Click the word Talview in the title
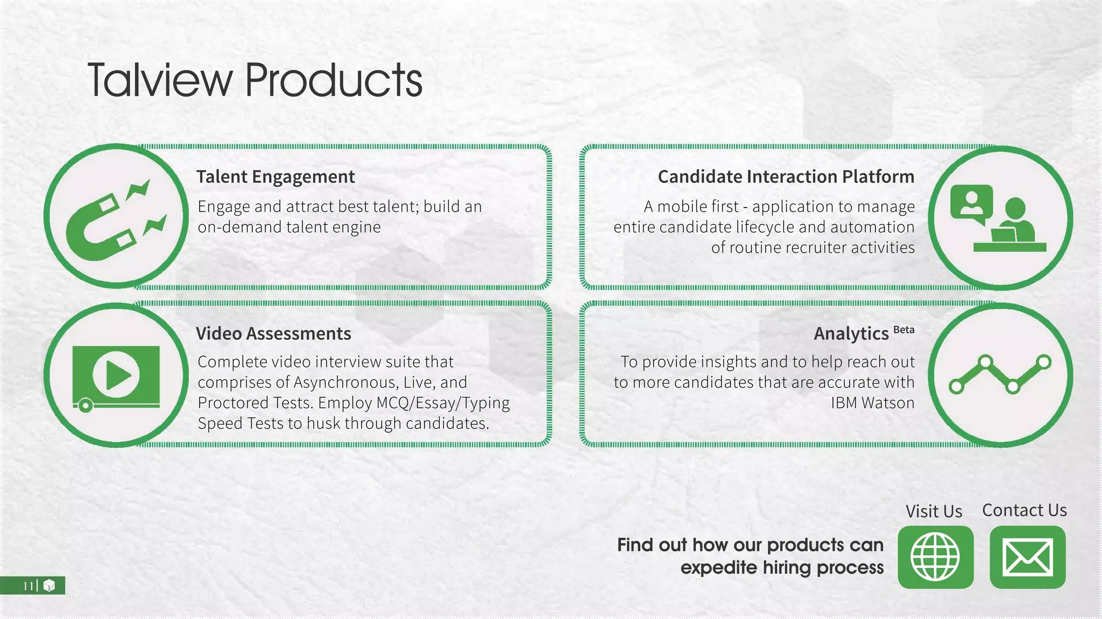pyautogui.click(x=160, y=81)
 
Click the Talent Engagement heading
pyautogui.click(x=275, y=177)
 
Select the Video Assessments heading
pyautogui.click(x=273, y=334)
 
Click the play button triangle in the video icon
pyautogui.click(x=117, y=375)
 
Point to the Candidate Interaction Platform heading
pyautogui.click(x=786, y=177)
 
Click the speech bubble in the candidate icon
pyautogui.click(x=971, y=203)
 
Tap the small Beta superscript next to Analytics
pyautogui.click(x=903, y=330)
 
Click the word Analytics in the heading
pyautogui.click(x=851, y=334)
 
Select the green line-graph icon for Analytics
pyautogui.click(x=1000, y=374)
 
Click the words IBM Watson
pyautogui.click(x=872, y=403)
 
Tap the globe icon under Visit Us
pyautogui.click(x=935, y=557)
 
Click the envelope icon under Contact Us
pyautogui.click(x=1027, y=557)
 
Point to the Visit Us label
pyautogui.click(x=934, y=511)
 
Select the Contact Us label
pyautogui.click(x=1024, y=510)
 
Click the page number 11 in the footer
pyautogui.click(x=28, y=586)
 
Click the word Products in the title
pyautogui.click(x=334, y=81)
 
